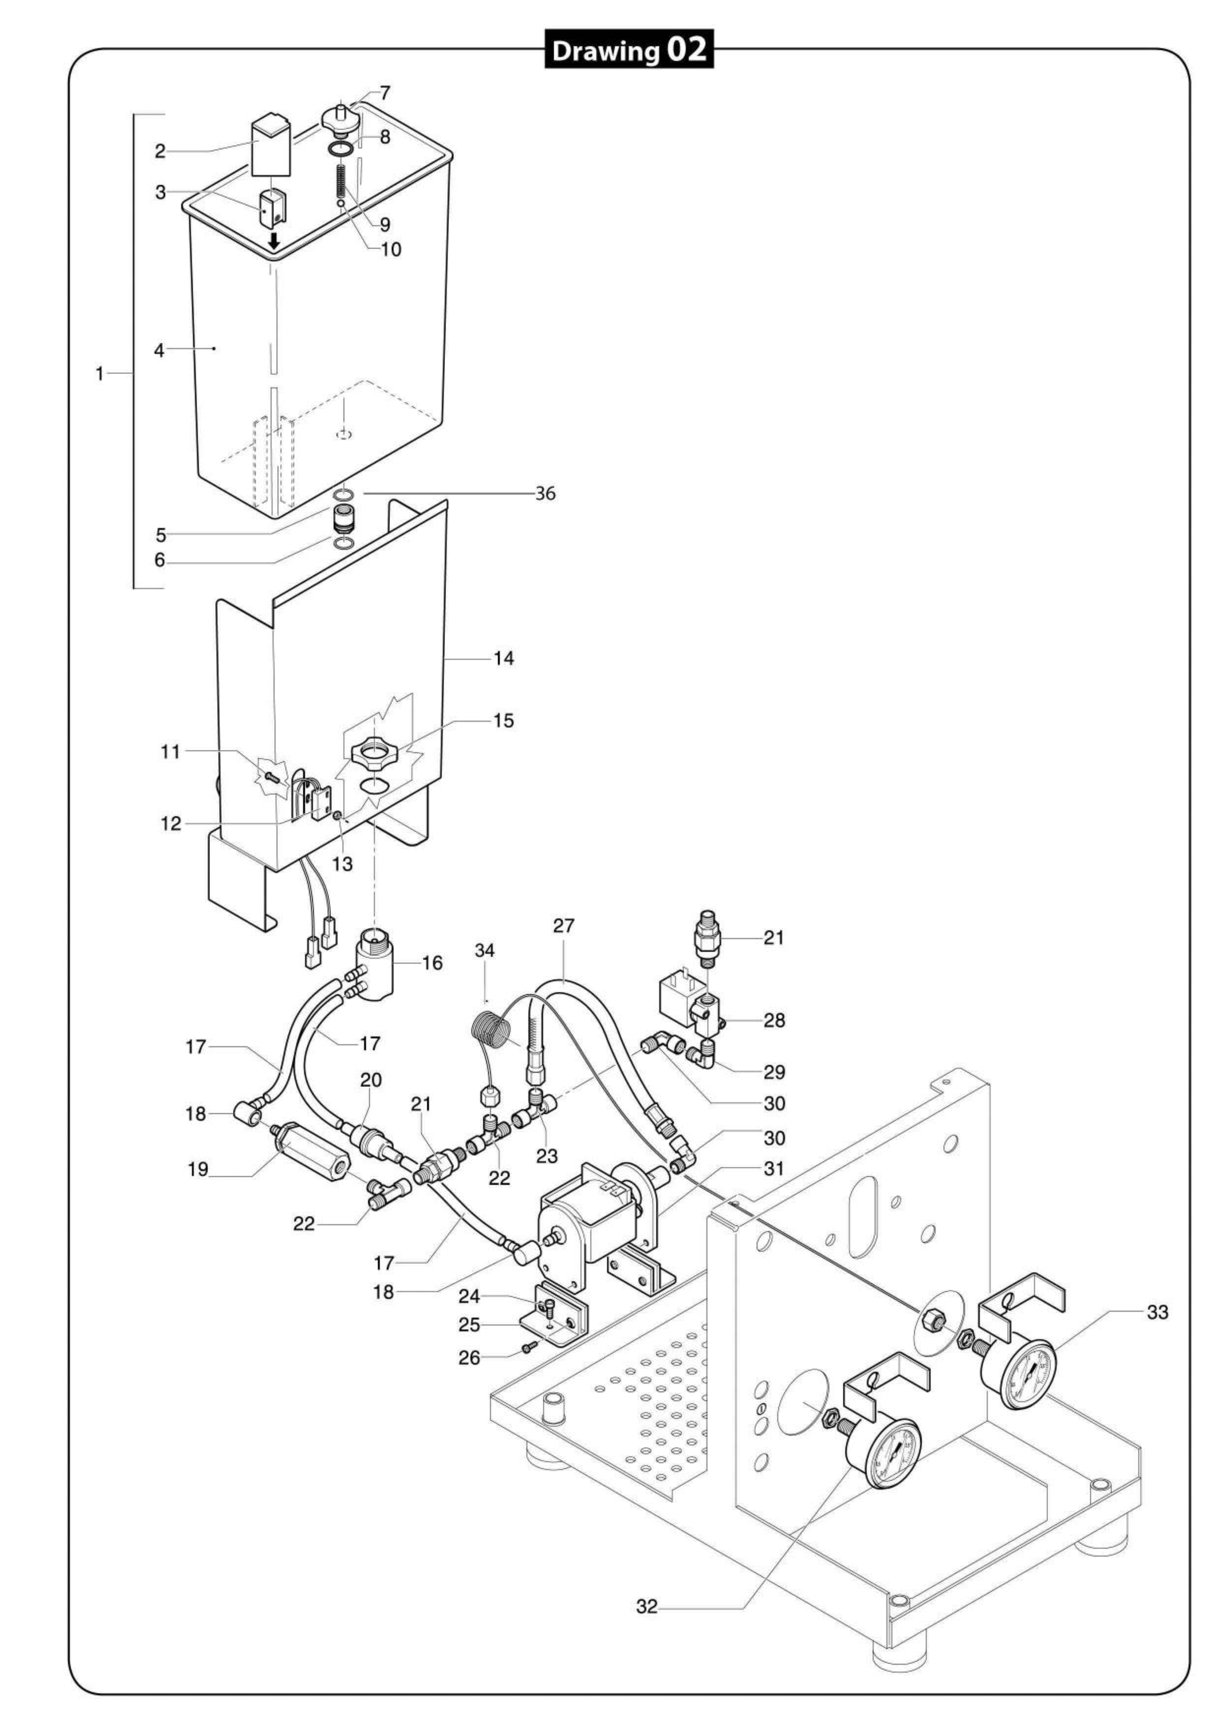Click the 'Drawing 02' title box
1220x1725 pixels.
[x=628, y=49]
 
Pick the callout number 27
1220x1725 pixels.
[x=564, y=925]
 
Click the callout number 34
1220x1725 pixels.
[x=485, y=951]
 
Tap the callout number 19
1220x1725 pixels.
[x=197, y=1170]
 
